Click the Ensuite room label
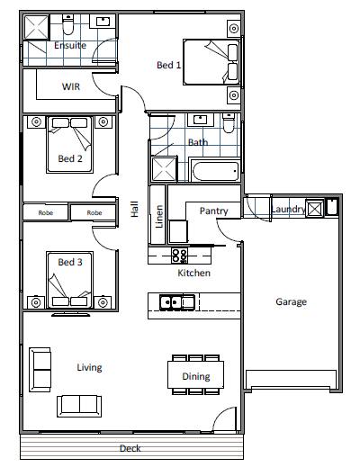(70, 45)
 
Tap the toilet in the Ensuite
(68, 24)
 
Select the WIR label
(71, 86)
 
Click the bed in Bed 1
(211, 62)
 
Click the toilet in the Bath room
(229, 122)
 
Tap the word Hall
(134, 209)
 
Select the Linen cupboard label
(159, 216)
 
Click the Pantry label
(213, 211)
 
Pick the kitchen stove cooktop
(179, 256)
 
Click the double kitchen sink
(177, 302)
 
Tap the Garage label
(291, 301)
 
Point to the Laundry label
(288, 209)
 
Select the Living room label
(89, 367)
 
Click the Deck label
(130, 448)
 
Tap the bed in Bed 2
(70, 145)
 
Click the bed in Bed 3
(70, 280)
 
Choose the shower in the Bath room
(164, 169)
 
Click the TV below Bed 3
(71, 315)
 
